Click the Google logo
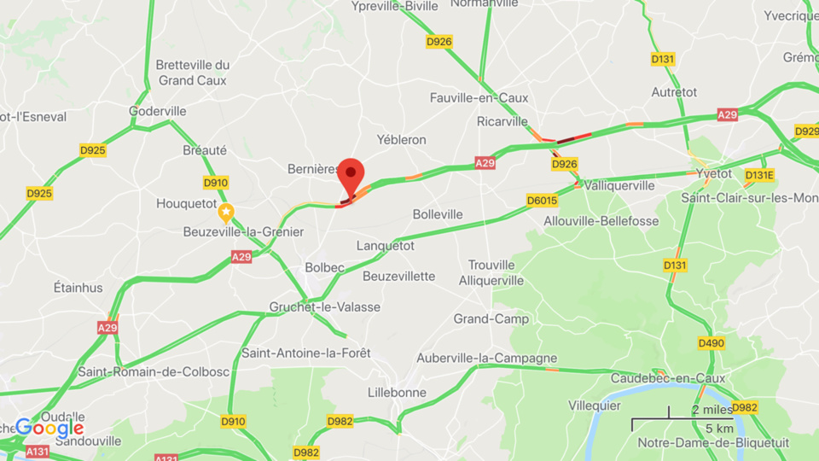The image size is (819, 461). click(x=49, y=427)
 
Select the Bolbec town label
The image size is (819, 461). click(x=325, y=267)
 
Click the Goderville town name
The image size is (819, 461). click(x=157, y=111)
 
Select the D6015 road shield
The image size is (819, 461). click(x=542, y=201)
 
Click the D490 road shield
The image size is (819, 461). click(x=711, y=342)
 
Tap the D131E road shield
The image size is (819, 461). click(x=758, y=175)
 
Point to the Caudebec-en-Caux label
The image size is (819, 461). click(x=668, y=378)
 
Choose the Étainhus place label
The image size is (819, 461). click(x=78, y=287)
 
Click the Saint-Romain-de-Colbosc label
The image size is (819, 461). click(x=141, y=371)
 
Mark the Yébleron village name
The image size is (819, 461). click(x=401, y=139)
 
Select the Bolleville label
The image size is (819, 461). click(x=438, y=214)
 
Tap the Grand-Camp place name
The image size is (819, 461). click(x=491, y=318)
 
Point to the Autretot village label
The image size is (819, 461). click(x=674, y=91)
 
